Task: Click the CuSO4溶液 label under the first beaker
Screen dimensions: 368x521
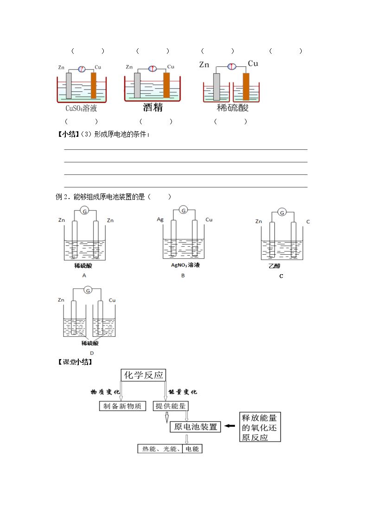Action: pyautogui.click(x=81, y=108)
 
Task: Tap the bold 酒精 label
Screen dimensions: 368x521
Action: pyautogui.click(x=152, y=107)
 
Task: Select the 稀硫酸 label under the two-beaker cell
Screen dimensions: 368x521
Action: pyautogui.click(x=232, y=108)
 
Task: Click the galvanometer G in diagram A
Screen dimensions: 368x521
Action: pyautogui.click(x=85, y=211)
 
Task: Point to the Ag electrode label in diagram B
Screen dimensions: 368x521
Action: pyautogui.click(x=160, y=219)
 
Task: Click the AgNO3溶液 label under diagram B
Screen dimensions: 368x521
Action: pyautogui.click(x=185, y=265)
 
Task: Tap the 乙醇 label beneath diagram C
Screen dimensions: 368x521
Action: pyautogui.click(x=274, y=266)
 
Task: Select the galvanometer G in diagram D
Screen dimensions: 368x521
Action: pyautogui.click(x=88, y=290)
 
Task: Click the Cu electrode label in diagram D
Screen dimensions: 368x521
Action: pyautogui.click(x=112, y=300)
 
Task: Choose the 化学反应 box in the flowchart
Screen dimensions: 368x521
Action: pyautogui.click(x=143, y=375)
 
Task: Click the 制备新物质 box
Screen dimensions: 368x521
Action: pyautogui.click(x=122, y=406)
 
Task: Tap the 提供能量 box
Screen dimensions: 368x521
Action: pyautogui.click(x=171, y=406)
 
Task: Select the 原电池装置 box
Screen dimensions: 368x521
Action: pyautogui.click(x=196, y=427)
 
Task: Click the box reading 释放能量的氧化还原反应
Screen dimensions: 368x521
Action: pyautogui.click(x=260, y=427)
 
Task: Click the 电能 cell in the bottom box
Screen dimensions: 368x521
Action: pyautogui.click(x=192, y=449)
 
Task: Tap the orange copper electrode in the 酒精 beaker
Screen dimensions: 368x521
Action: pyautogui.click(x=166, y=85)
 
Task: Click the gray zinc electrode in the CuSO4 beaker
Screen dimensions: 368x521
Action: pyautogui.click(x=69, y=85)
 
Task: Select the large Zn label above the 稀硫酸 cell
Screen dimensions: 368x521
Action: pyautogui.click(x=204, y=64)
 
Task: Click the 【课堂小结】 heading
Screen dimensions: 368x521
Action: pyautogui.click(x=75, y=362)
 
